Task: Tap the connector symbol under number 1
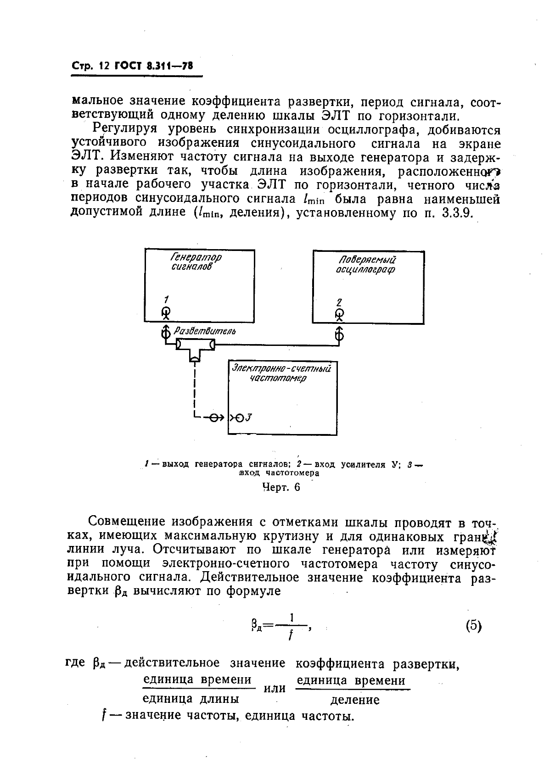pyautogui.click(x=166, y=314)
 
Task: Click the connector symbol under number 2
pyautogui.click(x=339, y=316)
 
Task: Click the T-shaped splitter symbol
pyautogui.click(x=195, y=346)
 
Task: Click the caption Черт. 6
pyautogui.click(x=280, y=487)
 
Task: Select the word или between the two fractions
pyautogui.click(x=275, y=689)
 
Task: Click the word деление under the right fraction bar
pyautogui.click(x=355, y=700)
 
